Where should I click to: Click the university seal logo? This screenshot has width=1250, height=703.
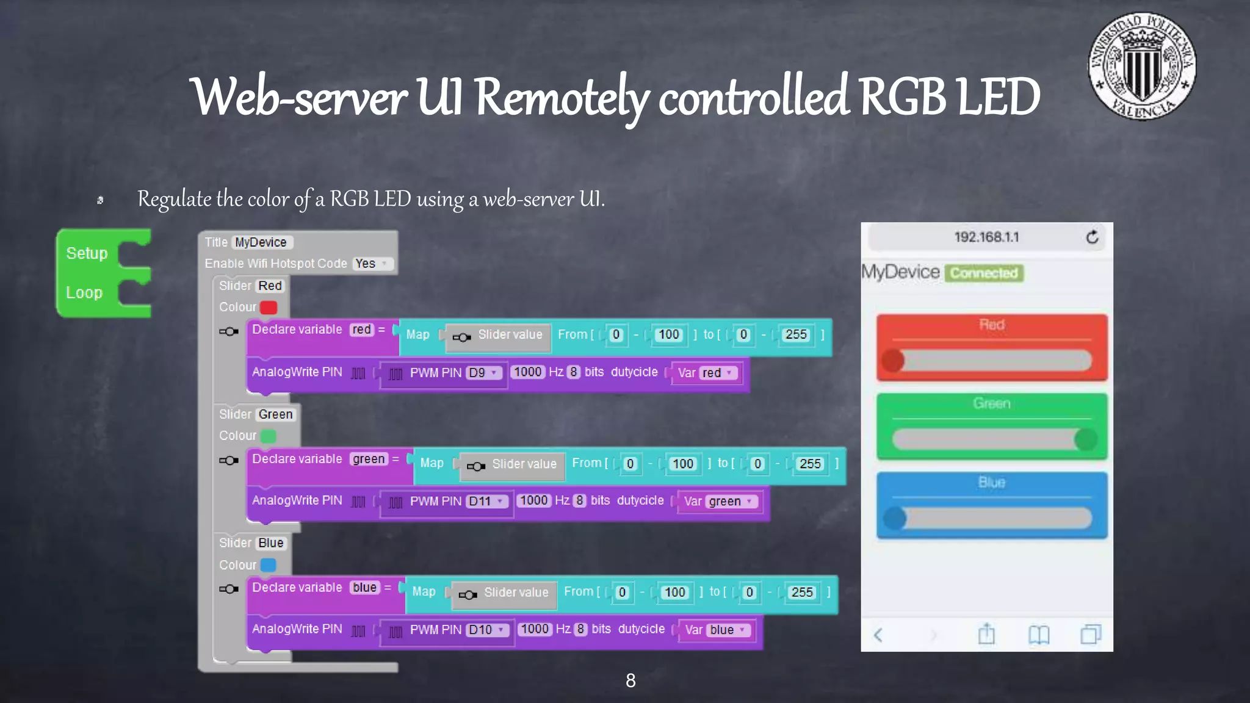(x=1142, y=67)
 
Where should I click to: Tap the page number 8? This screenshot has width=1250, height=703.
(x=630, y=680)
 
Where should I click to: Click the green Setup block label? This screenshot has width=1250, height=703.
(x=87, y=253)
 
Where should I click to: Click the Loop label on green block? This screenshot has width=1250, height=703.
(x=84, y=293)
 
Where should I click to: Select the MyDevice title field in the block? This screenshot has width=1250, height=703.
(x=261, y=242)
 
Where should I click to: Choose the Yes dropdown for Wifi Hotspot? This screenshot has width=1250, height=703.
(x=372, y=264)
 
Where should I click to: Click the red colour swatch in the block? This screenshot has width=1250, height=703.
(x=269, y=308)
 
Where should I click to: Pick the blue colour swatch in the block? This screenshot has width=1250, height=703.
(x=269, y=565)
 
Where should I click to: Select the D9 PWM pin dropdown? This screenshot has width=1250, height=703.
(x=484, y=373)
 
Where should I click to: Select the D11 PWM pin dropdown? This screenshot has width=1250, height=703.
(x=486, y=502)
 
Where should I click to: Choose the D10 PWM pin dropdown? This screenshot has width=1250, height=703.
(x=487, y=630)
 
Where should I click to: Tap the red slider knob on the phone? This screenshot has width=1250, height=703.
(x=894, y=361)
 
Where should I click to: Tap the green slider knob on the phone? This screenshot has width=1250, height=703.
(x=1086, y=439)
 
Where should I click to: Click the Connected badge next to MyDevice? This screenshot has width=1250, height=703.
(x=984, y=273)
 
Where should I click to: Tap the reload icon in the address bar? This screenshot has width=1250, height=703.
(x=1092, y=237)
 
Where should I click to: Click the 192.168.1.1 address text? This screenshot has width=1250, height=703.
(x=986, y=237)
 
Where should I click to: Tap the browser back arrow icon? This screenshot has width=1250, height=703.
(x=878, y=635)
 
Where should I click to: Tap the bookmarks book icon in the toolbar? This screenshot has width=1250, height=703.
(x=1038, y=635)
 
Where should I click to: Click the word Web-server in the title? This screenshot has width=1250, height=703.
(x=299, y=98)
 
